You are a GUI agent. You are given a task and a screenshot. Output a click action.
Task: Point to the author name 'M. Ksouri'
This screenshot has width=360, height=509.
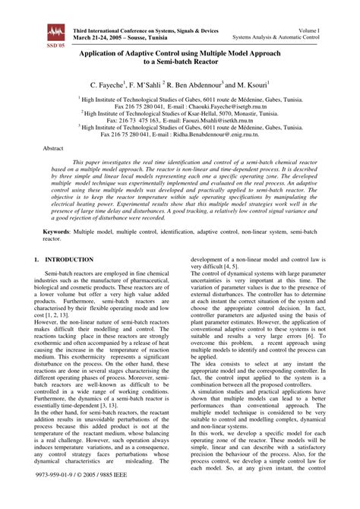click(x=251, y=87)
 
